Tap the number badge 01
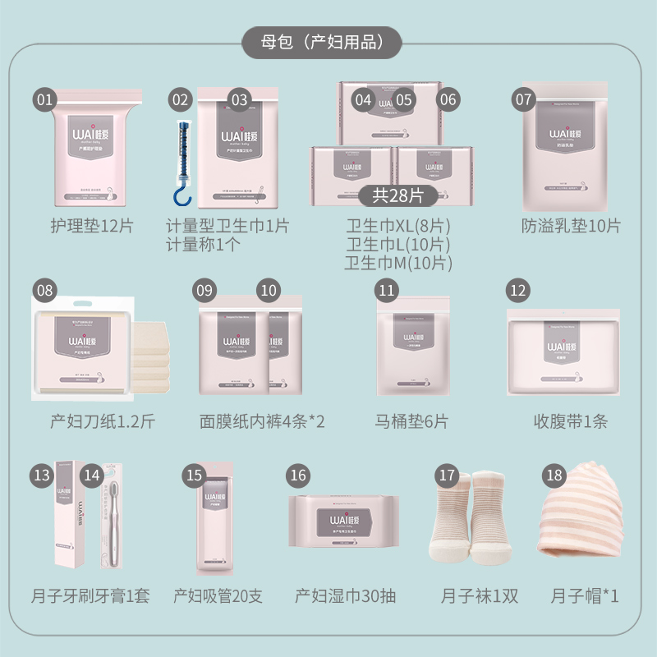[45, 100]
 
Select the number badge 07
[524, 100]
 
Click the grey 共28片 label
[398, 195]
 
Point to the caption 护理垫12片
[92, 226]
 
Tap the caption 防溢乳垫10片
[571, 226]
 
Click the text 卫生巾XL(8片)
[398, 226]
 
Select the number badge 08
[45, 290]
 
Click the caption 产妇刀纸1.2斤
[102, 422]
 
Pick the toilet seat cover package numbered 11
[412, 349]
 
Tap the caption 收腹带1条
[571, 422]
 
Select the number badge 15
[195, 476]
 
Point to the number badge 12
[517, 290]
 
